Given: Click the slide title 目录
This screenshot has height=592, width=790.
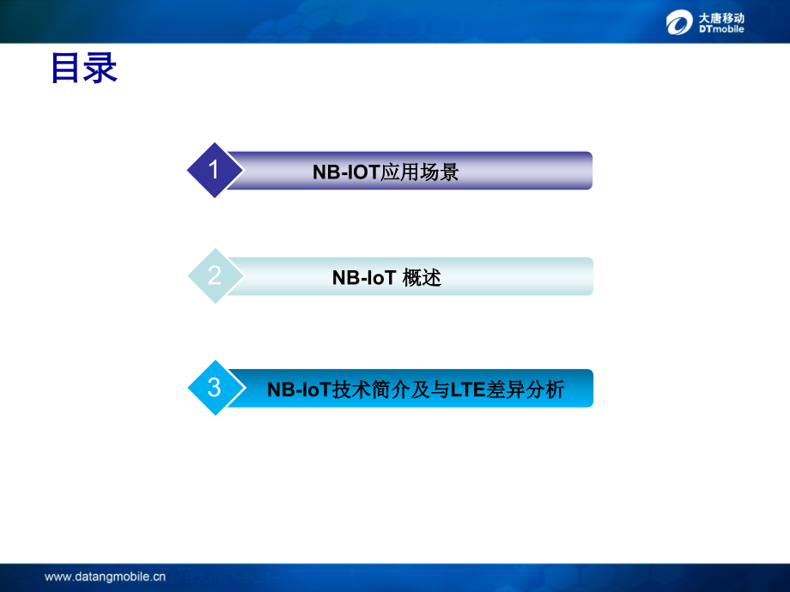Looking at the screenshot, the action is (83, 68).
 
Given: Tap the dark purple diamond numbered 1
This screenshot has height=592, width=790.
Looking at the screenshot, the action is (215, 170).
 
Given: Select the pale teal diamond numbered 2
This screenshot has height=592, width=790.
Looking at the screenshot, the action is (216, 276).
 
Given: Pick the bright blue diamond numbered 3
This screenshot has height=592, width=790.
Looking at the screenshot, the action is (216, 388).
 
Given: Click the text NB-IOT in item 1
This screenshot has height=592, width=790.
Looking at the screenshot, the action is (346, 172).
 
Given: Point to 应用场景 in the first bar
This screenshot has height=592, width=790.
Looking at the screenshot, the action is (420, 172).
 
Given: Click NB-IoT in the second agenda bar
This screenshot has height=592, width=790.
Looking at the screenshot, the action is (364, 278).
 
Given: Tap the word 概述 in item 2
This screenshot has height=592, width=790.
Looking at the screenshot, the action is (422, 278).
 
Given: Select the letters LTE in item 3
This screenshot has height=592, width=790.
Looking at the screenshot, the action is (467, 390).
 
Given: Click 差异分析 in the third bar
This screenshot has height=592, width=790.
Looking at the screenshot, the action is (525, 390).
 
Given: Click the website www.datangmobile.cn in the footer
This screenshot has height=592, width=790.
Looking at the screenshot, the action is (105, 577).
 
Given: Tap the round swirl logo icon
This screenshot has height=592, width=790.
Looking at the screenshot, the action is (679, 22).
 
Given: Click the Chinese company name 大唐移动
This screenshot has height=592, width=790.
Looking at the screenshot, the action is (721, 18).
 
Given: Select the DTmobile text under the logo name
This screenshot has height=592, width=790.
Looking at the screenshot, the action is (721, 29).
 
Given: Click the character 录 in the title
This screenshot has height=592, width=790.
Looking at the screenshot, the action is (100, 68).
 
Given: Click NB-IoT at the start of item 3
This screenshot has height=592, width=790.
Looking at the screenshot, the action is (299, 390).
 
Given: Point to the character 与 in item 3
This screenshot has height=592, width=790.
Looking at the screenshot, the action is (440, 390).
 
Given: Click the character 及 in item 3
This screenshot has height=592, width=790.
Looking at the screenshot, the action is (419, 390).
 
